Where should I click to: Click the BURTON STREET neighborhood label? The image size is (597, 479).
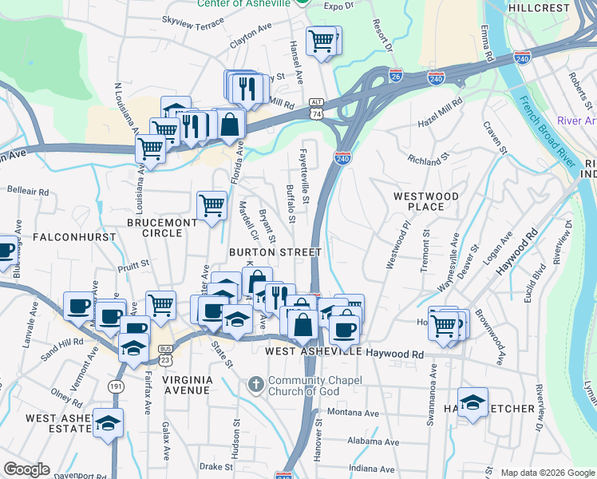click(275, 252)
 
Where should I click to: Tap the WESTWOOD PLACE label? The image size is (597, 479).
click(426, 201)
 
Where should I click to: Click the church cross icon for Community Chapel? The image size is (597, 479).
click(255, 384)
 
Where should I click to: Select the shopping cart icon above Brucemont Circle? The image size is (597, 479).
click(212, 204)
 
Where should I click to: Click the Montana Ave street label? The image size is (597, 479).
click(352, 413)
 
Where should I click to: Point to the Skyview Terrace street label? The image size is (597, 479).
click(193, 22)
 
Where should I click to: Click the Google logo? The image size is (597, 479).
click(26, 469)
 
